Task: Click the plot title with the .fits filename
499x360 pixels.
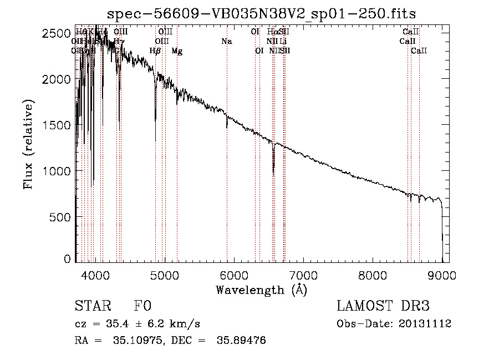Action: click(x=261, y=13)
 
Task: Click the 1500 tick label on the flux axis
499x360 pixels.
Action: click(x=57, y=125)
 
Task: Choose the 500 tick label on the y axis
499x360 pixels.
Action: click(x=62, y=217)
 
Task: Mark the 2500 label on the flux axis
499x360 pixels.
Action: click(x=57, y=34)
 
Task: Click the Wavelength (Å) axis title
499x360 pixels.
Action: click(x=261, y=290)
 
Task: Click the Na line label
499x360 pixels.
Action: click(x=226, y=42)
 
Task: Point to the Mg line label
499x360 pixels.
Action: click(x=177, y=51)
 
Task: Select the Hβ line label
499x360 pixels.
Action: click(x=155, y=51)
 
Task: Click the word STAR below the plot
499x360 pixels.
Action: click(x=92, y=306)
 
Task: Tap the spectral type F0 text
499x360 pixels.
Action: click(x=142, y=306)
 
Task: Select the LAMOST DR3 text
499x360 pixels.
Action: click(x=383, y=306)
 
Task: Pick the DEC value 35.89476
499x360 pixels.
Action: click(x=244, y=341)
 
